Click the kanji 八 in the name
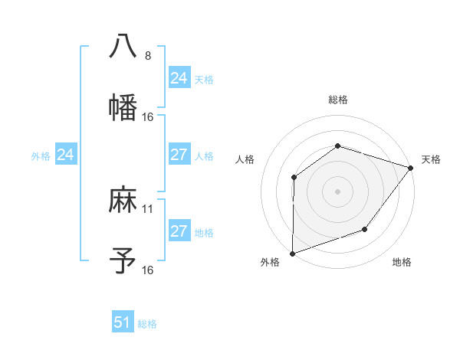click(x=123, y=45)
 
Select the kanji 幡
click(x=123, y=107)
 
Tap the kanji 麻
click(x=123, y=200)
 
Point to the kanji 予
click(x=123, y=261)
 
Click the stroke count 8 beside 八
click(x=147, y=55)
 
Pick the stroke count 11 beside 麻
click(x=148, y=208)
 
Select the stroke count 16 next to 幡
click(x=148, y=116)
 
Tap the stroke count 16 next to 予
click(x=148, y=270)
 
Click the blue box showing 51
click(x=123, y=322)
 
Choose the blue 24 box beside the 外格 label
click(x=65, y=155)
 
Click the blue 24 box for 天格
click(x=179, y=78)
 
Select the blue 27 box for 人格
click(x=179, y=155)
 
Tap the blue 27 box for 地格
click(x=179, y=231)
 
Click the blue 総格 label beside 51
click(x=147, y=324)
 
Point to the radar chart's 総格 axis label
click(x=337, y=100)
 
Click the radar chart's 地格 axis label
click(x=402, y=263)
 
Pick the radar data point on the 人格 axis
click(x=294, y=178)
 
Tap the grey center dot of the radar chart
click(x=337, y=191)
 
